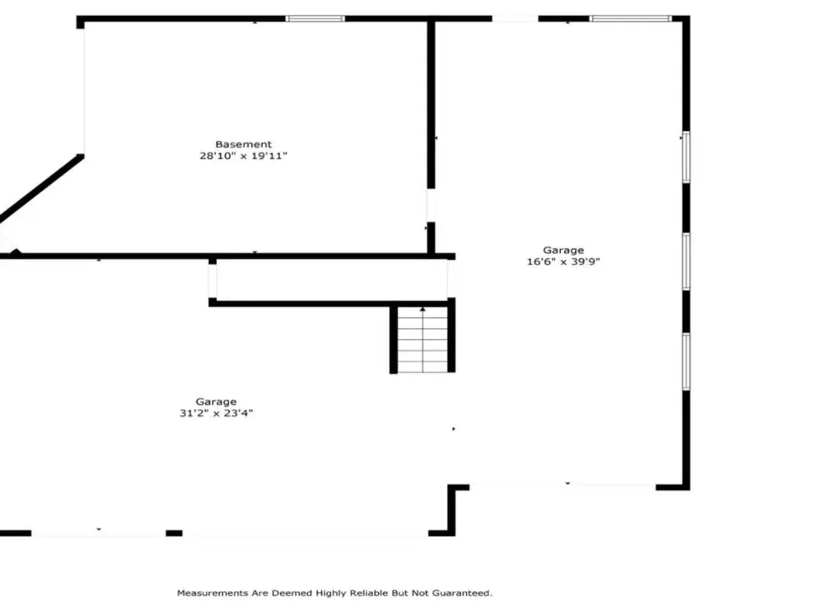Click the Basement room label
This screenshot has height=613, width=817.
243,144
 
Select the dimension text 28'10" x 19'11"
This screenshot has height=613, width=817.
243,156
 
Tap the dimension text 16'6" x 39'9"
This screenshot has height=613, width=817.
563,262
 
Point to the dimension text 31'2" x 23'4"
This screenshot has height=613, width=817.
216,413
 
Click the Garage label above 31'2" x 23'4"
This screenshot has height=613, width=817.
216,402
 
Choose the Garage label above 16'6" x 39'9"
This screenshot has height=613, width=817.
563,250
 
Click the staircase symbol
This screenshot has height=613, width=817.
423,339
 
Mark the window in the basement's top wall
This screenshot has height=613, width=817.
315,19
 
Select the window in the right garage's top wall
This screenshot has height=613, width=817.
630,19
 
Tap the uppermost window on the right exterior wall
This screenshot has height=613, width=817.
686,157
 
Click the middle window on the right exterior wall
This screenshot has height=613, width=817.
686,261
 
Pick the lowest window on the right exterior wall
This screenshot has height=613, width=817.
686,362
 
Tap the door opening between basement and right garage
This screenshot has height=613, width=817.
431,205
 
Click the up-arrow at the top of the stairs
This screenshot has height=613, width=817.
423,310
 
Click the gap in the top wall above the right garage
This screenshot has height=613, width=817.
515,19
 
